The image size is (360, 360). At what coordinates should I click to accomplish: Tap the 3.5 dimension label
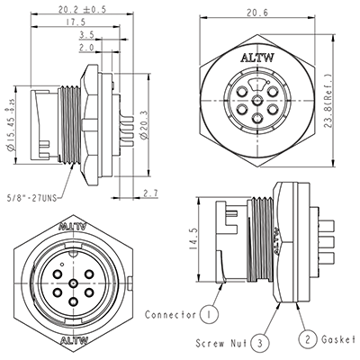[86, 35]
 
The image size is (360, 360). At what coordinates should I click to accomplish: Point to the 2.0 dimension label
[86, 48]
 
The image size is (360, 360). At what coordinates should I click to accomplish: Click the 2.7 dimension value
[150, 193]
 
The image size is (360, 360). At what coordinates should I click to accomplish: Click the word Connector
[168, 315]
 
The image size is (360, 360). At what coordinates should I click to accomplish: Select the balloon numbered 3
[260, 343]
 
